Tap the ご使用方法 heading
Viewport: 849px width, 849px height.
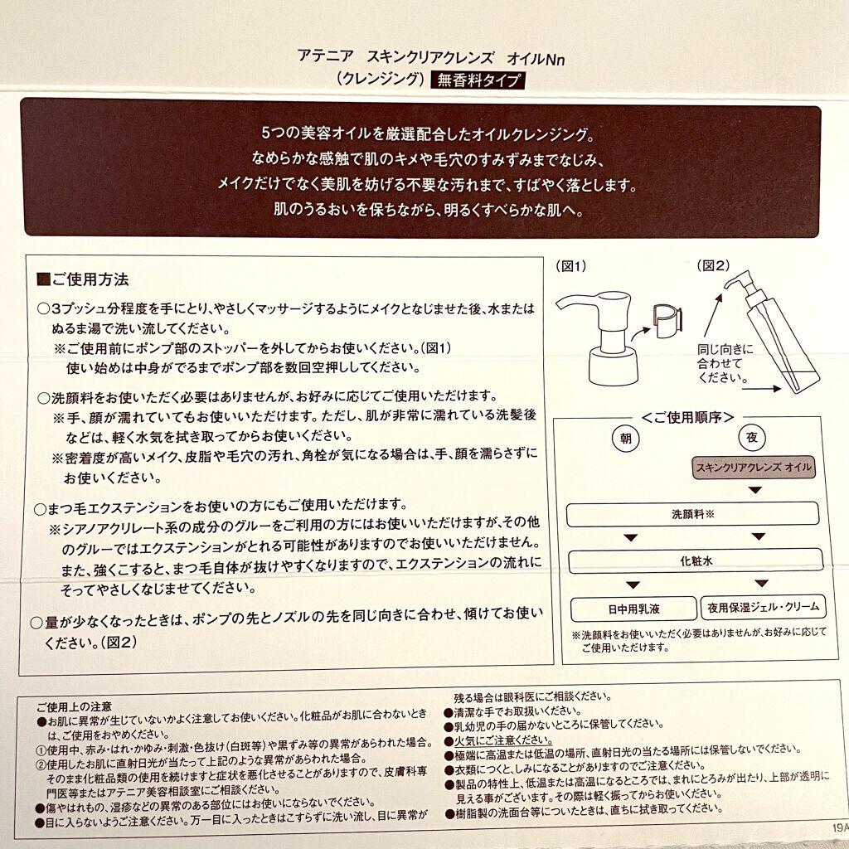[x=87, y=279]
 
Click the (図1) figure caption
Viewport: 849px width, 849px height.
[x=570, y=267]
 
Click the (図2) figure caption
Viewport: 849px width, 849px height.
[x=714, y=267]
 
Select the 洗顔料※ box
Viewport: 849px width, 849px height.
[x=691, y=514]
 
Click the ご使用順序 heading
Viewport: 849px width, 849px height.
[x=691, y=415]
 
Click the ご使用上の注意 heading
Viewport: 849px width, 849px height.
[x=70, y=707]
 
